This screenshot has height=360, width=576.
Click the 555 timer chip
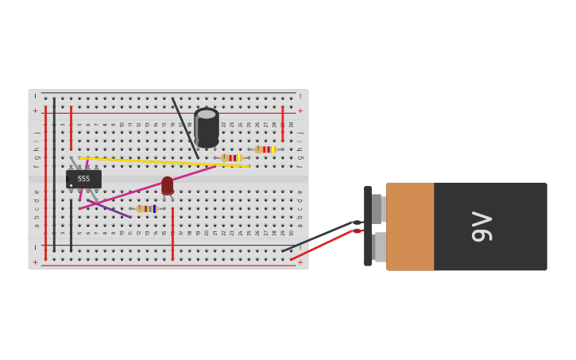83,179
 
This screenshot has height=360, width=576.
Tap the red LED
168,185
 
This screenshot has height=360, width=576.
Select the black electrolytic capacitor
207,126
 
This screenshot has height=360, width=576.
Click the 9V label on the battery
481,226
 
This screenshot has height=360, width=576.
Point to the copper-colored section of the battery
410,226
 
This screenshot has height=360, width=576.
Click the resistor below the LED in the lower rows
146,209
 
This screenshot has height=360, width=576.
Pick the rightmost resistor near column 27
265,149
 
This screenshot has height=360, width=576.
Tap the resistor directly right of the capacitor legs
231,158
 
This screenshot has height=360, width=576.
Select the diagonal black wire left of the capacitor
185,128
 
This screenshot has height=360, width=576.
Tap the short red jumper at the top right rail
282,124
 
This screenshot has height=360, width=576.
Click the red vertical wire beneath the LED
172,234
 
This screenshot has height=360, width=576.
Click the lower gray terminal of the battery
380,246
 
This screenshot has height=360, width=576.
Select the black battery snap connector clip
368,226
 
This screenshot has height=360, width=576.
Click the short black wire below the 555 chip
71,226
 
